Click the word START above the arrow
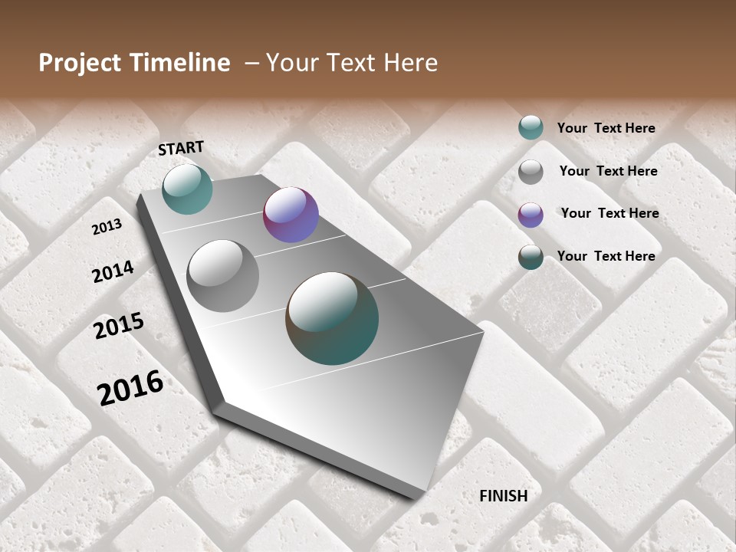pyautogui.click(x=181, y=147)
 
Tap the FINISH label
pyautogui.click(x=504, y=496)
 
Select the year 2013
pyautogui.click(x=107, y=227)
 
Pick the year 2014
pyautogui.click(x=113, y=271)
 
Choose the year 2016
pyautogui.click(x=130, y=387)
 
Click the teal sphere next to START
pyautogui.click(x=187, y=189)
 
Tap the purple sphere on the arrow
pyautogui.click(x=291, y=215)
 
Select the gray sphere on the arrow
pyautogui.click(x=223, y=276)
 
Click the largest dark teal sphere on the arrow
pyautogui.click(x=332, y=318)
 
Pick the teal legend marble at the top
pyautogui.click(x=531, y=128)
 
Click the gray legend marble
pyautogui.click(x=531, y=172)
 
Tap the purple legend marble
pyautogui.click(x=531, y=215)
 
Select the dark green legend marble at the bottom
pyautogui.click(x=531, y=257)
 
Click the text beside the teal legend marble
pyautogui.click(x=606, y=129)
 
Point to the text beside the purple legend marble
pyautogui.click(x=609, y=213)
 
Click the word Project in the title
pyautogui.click(x=80, y=63)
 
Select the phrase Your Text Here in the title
pyautogui.click(x=352, y=63)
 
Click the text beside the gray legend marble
pyautogui.click(x=608, y=171)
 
